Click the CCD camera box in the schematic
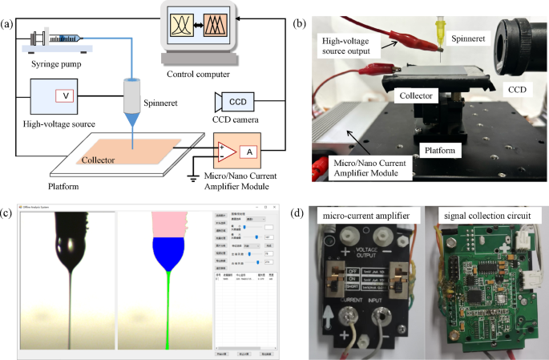click(x=239, y=103)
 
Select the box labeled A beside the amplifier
click(x=249, y=152)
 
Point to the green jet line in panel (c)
click(x=168, y=313)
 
